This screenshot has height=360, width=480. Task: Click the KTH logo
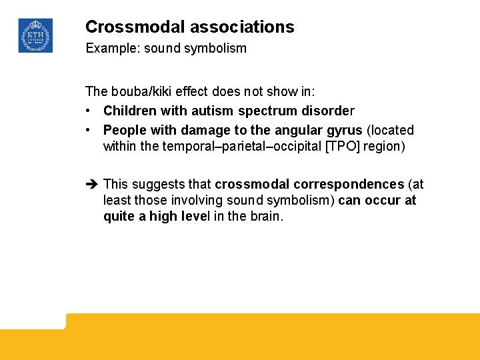[35, 35]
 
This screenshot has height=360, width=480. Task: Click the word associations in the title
[242, 27]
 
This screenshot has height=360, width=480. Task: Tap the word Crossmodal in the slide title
[135, 27]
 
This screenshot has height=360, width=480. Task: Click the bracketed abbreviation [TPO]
[343, 146]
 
